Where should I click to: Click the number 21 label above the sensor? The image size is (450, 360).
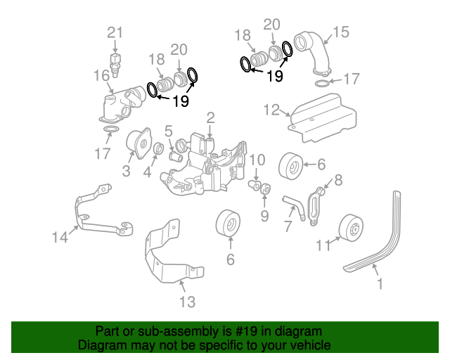(x=115, y=32)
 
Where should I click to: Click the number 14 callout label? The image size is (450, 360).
(x=61, y=238)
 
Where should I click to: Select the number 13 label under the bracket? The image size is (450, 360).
(x=186, y=302)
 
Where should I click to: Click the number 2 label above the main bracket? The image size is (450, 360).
(x=210, y=117)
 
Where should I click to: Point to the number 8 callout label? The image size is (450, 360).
(x=338, y=181)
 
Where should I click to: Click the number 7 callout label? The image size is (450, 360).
(x=288, y=226)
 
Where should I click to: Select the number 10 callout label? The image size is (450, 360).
(x=257, y=160)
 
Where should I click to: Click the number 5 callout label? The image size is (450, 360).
(x=169, y=131)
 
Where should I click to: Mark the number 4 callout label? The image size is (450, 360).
(x=148, y=171)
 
